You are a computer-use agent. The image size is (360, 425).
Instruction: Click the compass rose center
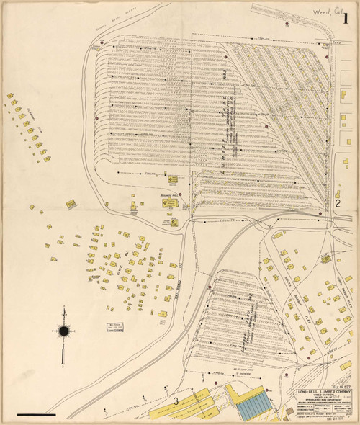(64, 331)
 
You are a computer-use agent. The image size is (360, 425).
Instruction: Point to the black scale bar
(35, 415)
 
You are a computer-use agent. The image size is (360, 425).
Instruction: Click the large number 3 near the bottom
(175, 401)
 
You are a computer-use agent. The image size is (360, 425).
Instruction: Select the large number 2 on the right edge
(336, 203)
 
